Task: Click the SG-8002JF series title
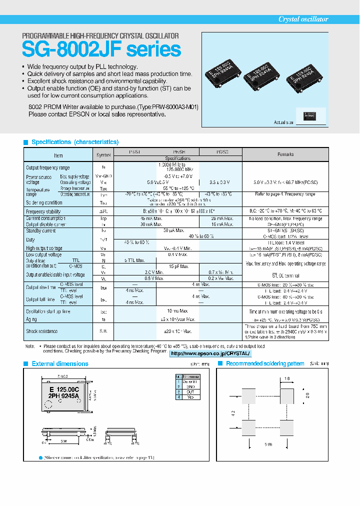coord(101,49)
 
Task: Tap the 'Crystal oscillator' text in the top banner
coord(303,19)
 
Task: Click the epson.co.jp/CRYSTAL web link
coord(210,353)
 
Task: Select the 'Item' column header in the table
coord(58,155)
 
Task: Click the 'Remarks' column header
coord(285,154)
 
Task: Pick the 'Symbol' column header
coord(103,155)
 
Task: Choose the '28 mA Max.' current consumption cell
coord(220,218)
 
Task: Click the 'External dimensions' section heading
coord(60,363)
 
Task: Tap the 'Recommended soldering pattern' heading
coord(265,363)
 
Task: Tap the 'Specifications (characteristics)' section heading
coord(75,142)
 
